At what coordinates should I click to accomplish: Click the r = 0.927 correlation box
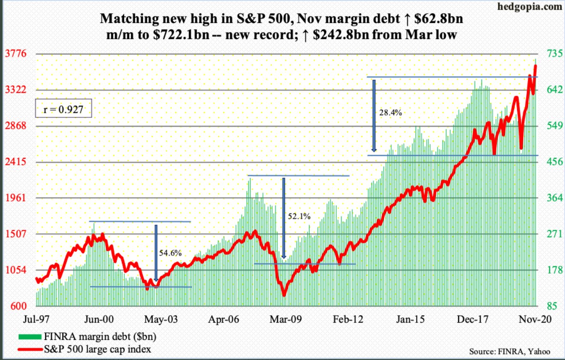coord(63,109)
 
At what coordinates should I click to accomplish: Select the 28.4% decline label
coord(390,113)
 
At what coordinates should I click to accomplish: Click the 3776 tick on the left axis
coord(16,54)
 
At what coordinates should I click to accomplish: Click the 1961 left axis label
coord(16,198)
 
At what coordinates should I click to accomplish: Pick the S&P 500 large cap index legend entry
coord(84,349)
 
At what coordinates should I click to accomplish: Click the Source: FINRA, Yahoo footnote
coord(509,351)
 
